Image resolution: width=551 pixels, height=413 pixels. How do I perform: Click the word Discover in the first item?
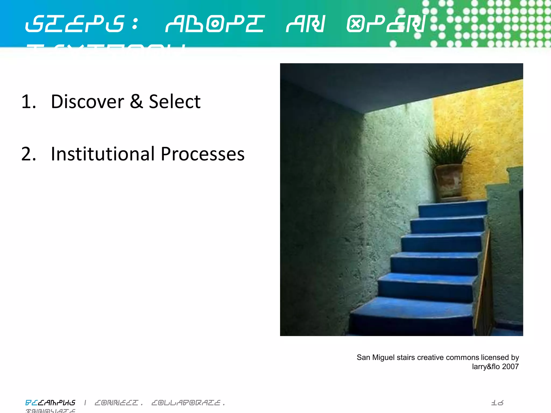87,102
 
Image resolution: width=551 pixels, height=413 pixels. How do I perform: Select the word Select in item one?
175,102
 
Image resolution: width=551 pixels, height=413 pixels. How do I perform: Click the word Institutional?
103,154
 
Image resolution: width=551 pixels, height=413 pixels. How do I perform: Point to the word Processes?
203,154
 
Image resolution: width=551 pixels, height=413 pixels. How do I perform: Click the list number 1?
28,102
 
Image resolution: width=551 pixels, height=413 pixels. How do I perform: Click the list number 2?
28,154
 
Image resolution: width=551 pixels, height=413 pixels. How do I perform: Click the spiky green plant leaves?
448,148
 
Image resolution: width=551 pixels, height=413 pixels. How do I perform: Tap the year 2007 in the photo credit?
510,366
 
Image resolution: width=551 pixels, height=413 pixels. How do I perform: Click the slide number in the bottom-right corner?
497,403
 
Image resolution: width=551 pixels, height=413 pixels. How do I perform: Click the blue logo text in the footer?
50,403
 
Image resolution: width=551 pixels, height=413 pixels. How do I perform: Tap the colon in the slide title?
135,24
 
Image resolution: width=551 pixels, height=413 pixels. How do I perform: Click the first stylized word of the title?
75,24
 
